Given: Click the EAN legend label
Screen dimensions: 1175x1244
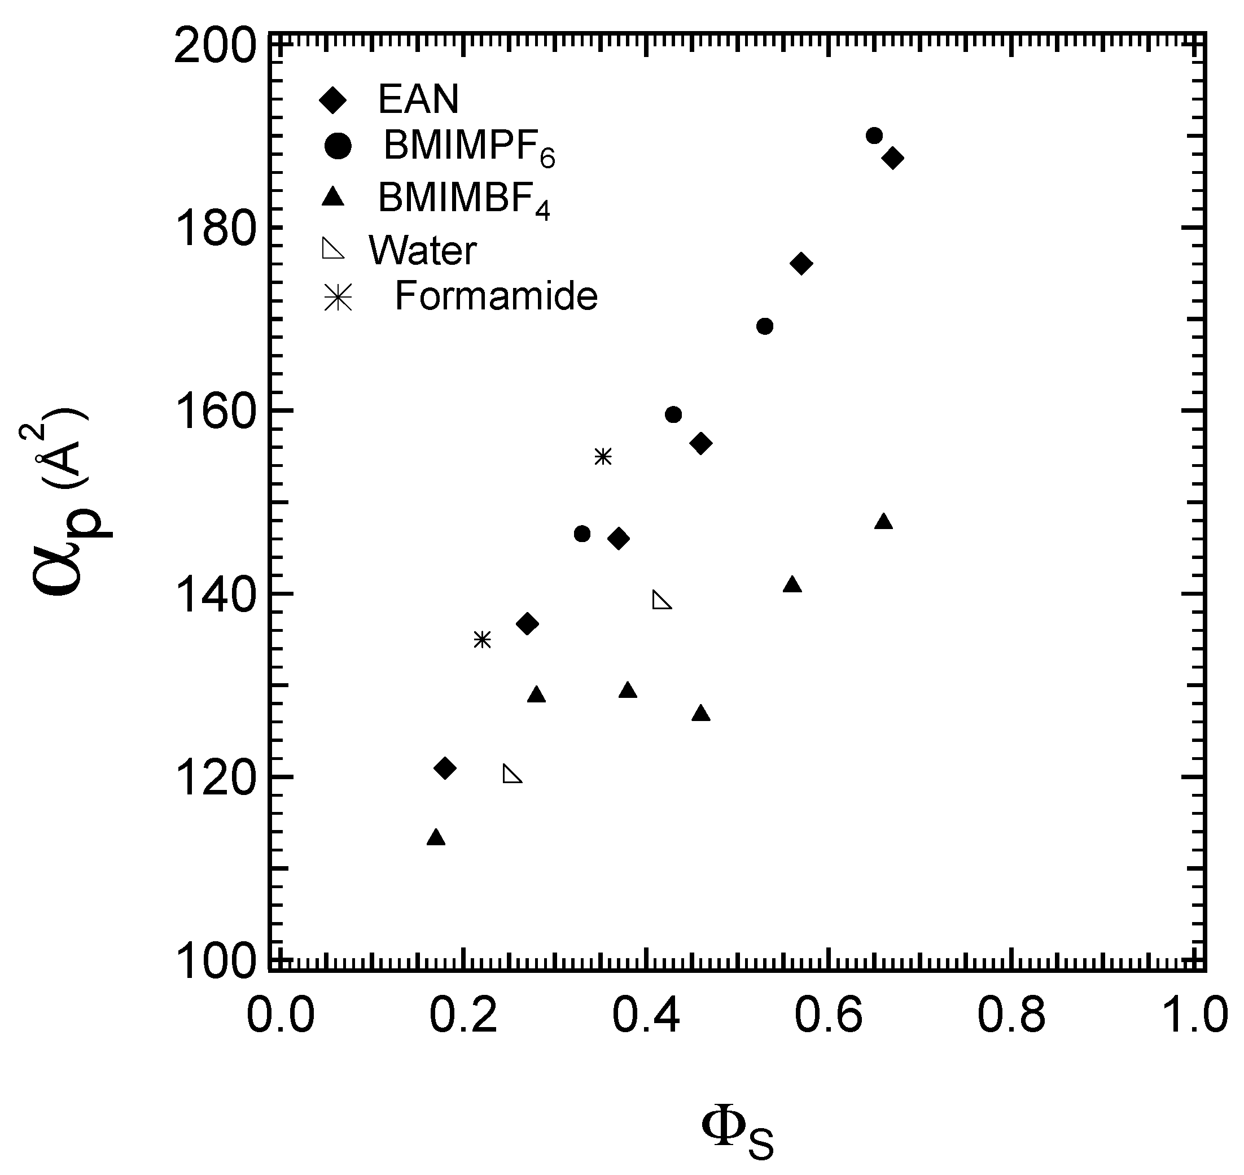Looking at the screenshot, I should click(x=418, y=98).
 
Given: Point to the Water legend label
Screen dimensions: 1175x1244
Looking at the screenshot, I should click(x=423, y=251).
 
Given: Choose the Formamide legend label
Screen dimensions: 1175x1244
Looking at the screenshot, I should click(x=496, y=296).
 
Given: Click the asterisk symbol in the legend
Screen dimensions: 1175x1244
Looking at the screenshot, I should click(x=338, y=298).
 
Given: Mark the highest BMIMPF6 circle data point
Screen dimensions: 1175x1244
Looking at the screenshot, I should click(x=874, y=136).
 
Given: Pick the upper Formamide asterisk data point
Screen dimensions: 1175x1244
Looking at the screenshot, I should click(x=602, y=457).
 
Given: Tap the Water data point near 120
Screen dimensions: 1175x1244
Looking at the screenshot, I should click(x=512, y=775).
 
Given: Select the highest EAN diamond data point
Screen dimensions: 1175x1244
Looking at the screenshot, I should click(x=893, y=159).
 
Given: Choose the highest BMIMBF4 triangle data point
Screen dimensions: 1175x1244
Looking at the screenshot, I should click(x=883, y=522).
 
